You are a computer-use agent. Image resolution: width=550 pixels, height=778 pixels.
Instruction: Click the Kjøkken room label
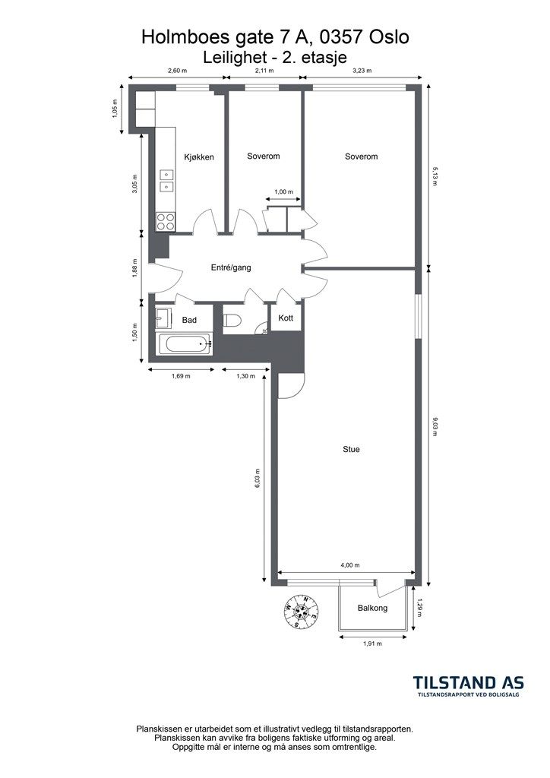(199, 157)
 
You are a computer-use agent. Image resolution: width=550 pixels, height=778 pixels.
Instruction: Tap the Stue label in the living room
(351, 450)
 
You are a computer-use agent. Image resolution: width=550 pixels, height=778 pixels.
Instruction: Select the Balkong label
(372, 608)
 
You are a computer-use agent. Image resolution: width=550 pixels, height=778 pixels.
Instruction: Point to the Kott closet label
(286, 318)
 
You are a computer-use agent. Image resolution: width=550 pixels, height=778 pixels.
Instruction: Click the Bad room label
(189, 320)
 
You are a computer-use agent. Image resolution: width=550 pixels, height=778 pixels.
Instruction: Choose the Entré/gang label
(231, 268)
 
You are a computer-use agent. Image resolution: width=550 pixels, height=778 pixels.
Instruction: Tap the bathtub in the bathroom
(185, 344)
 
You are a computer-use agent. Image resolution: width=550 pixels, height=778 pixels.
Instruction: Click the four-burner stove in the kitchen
(166, 221)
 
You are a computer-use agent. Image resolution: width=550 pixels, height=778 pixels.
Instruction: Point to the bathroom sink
(163, 318)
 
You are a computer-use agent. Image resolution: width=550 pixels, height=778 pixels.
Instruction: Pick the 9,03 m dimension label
(435, 427)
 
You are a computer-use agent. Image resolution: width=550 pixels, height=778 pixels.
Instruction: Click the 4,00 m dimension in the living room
(350, 565)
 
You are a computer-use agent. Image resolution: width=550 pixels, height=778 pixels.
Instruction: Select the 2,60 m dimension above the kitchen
(178, 71)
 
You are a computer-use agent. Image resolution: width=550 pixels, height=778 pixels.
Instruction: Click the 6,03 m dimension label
(258, 479)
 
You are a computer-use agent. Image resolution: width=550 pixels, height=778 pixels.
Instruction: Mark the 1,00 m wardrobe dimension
(283, 192)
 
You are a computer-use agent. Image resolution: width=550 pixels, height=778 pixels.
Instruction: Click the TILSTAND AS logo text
(469, 682)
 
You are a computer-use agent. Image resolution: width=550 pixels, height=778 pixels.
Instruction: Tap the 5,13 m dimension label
(435, 176)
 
